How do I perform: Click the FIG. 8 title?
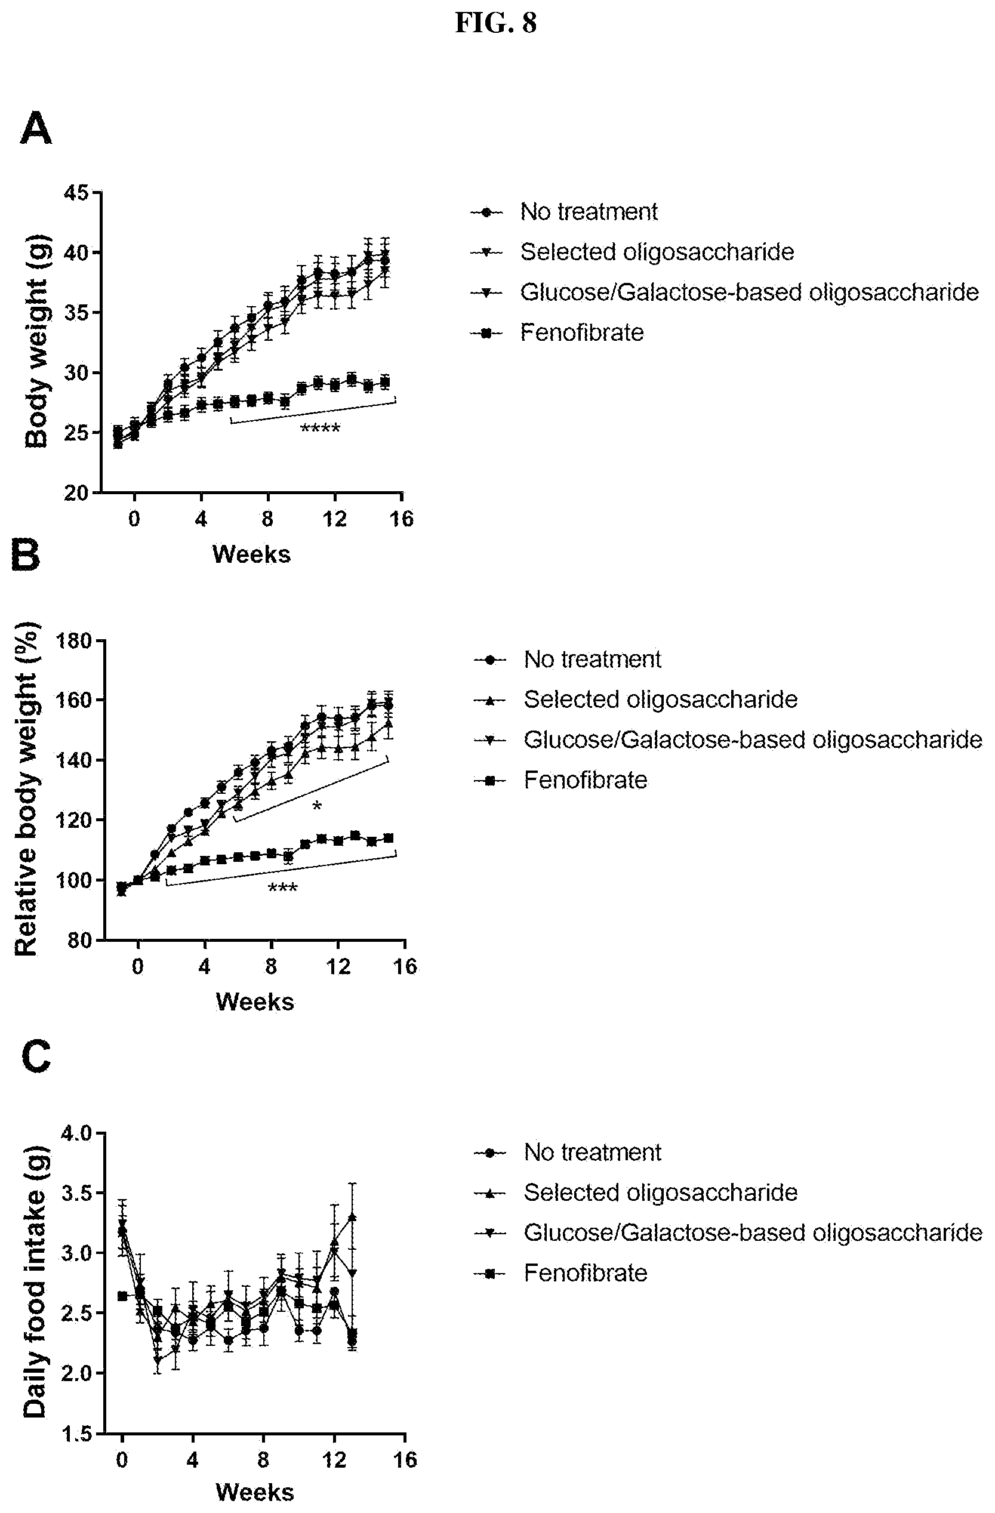(x=496, y=23)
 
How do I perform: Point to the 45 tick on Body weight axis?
(x=77, y=193)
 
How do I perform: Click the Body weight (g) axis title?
(x=37, y=341)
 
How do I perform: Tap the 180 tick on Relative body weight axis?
(x=75, y=640)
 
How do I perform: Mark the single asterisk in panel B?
(x=316, y=807)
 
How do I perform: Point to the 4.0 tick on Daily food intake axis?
(x=76, y=1133)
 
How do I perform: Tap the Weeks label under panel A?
(x=251, y=554)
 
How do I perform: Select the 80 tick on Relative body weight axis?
(x=80, y=940)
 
